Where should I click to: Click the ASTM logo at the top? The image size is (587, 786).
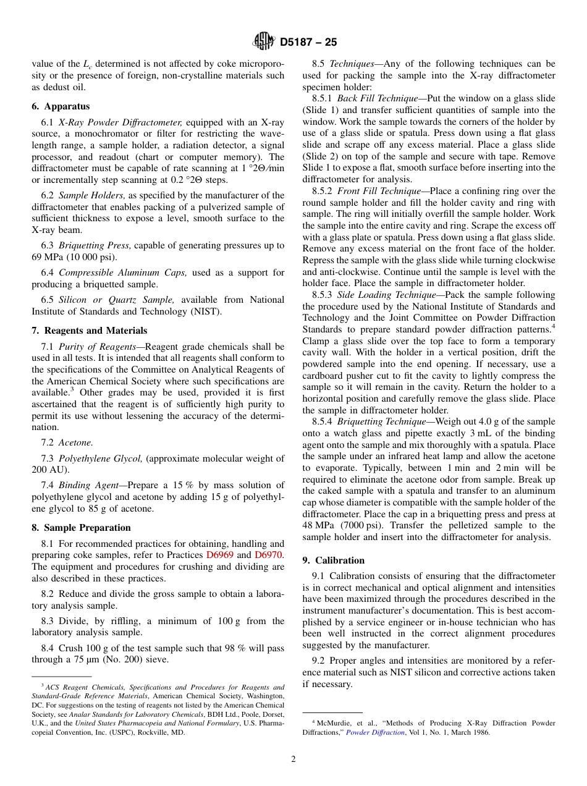pos(264,41)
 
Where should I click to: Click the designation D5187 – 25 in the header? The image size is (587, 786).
pos(308,42)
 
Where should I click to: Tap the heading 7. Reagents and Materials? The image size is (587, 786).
pos(90,331)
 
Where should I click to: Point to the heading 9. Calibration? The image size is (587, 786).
pos(333,560)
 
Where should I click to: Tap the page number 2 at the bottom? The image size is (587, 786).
pos(293,759)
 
